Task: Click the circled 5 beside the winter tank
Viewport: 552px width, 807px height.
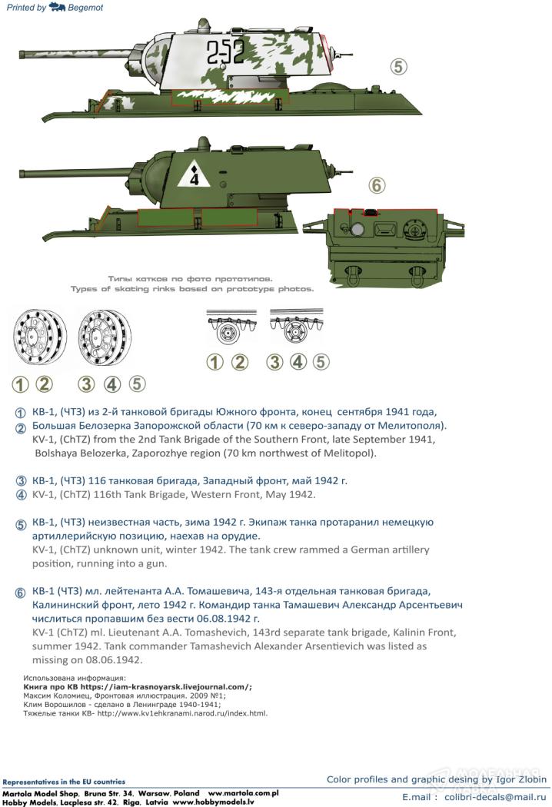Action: [x=397, y=67]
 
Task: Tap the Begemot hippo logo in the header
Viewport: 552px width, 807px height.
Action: [x=57, y=7]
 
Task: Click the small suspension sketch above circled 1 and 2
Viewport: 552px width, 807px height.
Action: [x=227, y=329]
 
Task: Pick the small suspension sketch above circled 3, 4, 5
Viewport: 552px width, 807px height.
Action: [x=291, y=329]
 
